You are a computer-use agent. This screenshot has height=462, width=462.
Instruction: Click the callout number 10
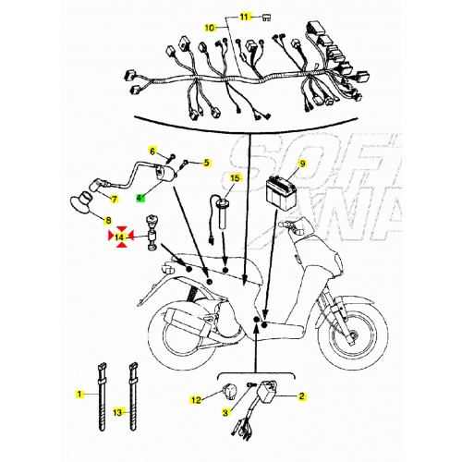(210, 29)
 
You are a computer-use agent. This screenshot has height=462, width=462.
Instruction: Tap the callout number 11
(245, 18)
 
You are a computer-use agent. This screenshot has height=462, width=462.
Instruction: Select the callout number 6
(153, 151)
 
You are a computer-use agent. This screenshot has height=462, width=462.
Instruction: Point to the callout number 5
(206, 162)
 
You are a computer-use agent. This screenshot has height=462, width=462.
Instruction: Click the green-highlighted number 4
(140, 198)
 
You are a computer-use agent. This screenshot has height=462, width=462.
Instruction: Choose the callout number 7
(114, 199)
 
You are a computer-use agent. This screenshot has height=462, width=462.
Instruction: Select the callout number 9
(300, 164)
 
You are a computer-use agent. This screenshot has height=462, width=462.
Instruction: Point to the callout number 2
(300, 396)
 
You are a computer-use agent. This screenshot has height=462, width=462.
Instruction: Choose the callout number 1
(79, 394)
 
